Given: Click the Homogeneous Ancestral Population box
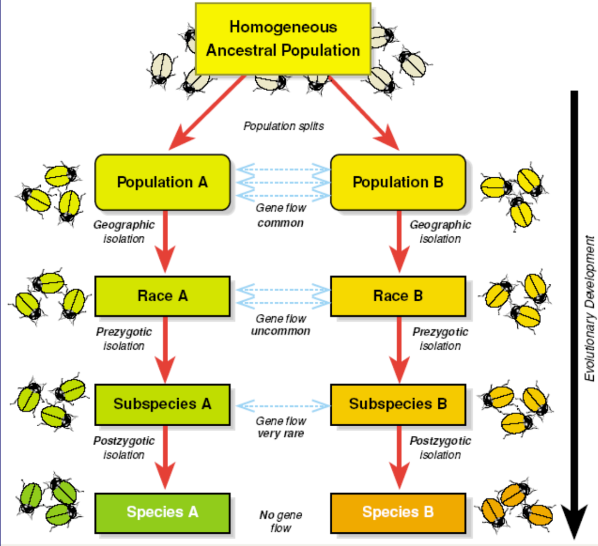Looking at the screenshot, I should tap(283, 38).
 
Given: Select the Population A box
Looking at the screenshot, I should tap(162, 182).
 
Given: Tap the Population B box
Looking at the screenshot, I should tap(398, 182).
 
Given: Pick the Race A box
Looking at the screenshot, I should tap(162, 295).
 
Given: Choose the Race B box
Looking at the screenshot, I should tap(398, 295).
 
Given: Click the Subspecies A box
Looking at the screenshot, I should tap(162, 404).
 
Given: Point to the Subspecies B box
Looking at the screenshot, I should tap(398, 404).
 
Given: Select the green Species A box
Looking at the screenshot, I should tap(162, 511).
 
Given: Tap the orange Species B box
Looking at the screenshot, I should tap(398, 511).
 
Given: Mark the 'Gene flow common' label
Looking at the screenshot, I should tap(281, 215).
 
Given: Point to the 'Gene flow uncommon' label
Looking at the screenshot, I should tap(281, 324).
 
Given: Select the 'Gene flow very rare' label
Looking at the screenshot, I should tap(281, 427).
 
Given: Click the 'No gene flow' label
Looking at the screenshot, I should tap(281, 521).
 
